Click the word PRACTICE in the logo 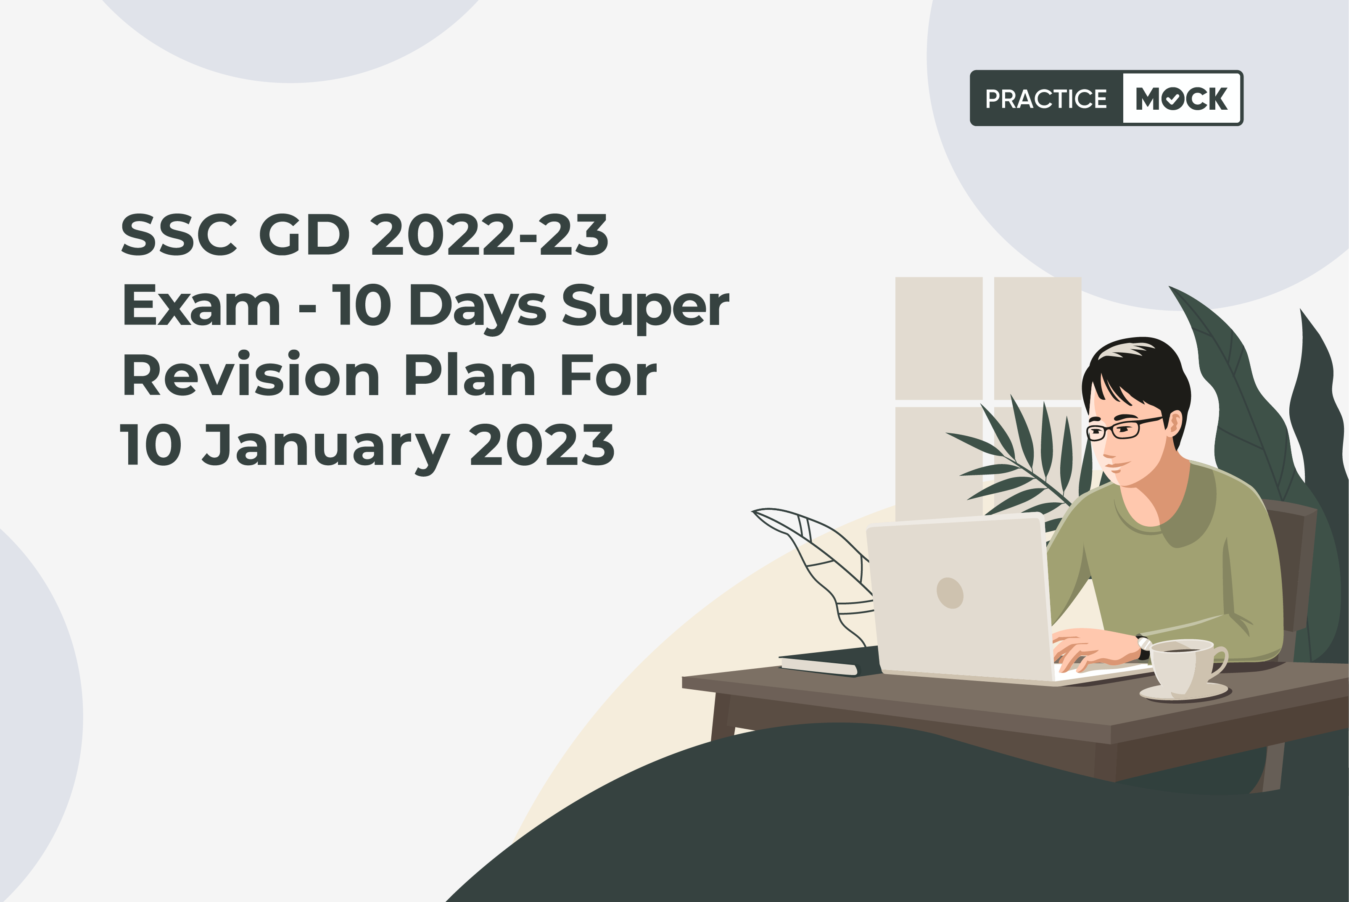pyautogui.click(x=1046, y=99)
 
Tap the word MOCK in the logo pyautogui.click(x=1182, y=98)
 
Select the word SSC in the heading pyautogui.click(x=178, y=235)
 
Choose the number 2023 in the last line pyautogui.click(x=542, y=445)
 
